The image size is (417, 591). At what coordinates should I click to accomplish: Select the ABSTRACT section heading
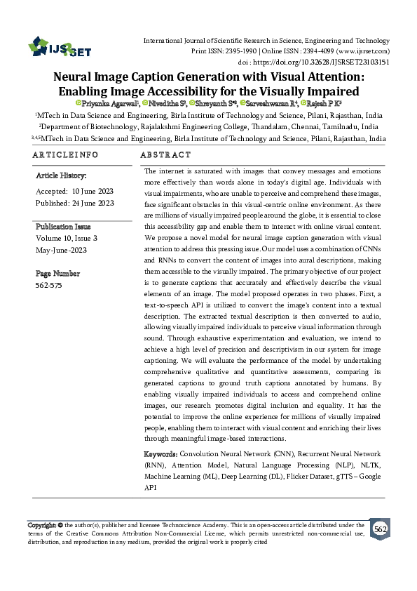tap(165, 154)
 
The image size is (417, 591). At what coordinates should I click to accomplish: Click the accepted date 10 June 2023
tap(88, 191)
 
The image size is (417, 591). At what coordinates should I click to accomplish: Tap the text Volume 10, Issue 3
tap(67, 239)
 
